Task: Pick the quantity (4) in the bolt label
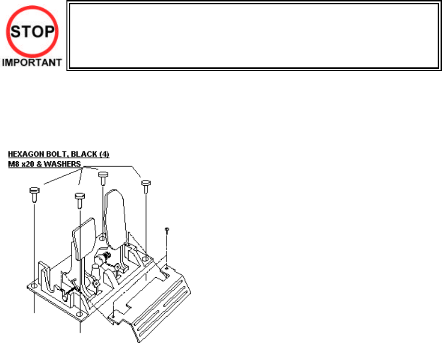(x=106, y=154)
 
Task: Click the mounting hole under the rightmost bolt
(x=145, y=259)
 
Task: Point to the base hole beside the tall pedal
(x=103, y=237)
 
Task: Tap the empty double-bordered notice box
(x=254, y=37)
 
